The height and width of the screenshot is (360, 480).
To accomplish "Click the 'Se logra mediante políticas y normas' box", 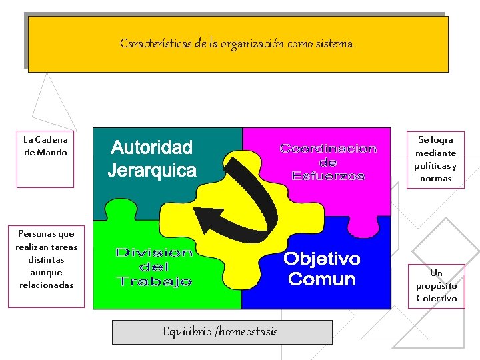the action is [435, 159].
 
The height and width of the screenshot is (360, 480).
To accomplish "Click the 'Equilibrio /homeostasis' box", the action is [221, 331].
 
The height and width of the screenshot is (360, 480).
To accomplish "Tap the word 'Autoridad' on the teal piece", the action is [151, 147].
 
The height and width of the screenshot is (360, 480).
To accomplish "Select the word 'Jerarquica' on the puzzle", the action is [152, 170].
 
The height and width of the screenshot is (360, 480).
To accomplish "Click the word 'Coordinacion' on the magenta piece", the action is [328, 149].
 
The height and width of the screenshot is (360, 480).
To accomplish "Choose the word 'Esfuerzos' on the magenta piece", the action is [328, 176].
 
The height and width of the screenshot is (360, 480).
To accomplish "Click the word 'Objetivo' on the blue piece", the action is [322, 259].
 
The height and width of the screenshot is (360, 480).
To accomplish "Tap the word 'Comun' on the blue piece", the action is [321, 279].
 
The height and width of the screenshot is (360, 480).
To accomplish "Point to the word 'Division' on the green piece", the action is [154, 253].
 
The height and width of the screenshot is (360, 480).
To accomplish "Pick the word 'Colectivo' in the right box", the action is [437, 299].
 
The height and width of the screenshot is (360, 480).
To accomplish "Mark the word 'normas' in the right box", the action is [435, 178].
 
